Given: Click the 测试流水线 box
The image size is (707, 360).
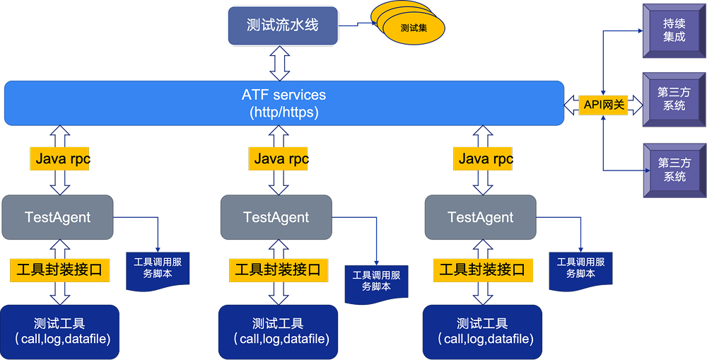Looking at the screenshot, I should (282, 25).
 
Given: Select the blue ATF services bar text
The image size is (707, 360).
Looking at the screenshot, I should (284, 103).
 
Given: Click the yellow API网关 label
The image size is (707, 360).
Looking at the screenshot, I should (604, 105).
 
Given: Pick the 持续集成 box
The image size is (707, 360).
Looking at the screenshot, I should (674, 30).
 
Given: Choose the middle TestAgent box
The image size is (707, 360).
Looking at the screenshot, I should (276, 217).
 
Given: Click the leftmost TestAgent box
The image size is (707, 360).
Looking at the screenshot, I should (57, 217).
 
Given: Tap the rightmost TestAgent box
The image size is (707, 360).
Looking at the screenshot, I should (481, 217).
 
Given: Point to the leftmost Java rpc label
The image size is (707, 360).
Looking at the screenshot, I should (61, 158).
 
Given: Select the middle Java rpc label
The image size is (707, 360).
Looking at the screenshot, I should (279, 158).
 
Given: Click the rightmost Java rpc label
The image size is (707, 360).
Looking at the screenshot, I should (484, 158).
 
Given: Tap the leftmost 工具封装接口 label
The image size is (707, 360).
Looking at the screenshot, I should (60, 269).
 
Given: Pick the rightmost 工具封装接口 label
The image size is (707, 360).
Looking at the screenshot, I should (482, 269).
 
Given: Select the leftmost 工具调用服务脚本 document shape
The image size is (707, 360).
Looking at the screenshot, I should (158, 269).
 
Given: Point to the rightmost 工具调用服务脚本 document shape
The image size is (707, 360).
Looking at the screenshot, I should (580, 269).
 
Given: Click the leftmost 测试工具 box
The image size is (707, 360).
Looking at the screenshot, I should (59, 332).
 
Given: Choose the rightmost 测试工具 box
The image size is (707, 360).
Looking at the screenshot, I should (482, 332).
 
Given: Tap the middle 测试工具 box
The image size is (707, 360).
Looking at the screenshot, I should (278, 332).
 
